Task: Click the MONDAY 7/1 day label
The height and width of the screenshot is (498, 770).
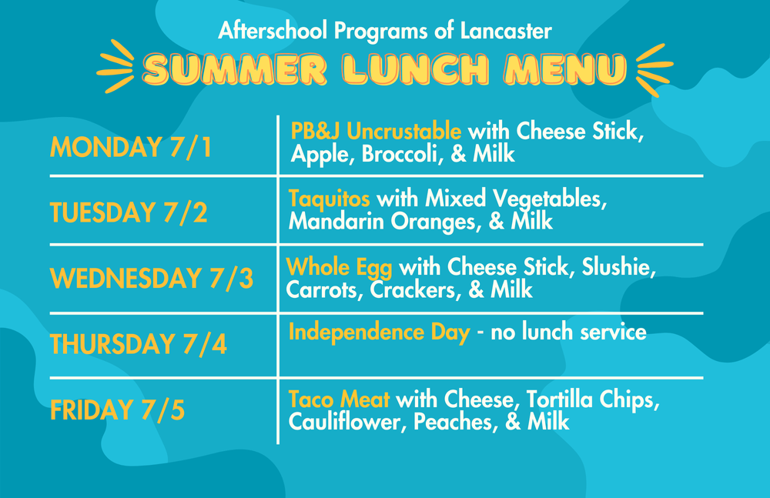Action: [131, 147]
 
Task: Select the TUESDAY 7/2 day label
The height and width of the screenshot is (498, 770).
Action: [129, 212]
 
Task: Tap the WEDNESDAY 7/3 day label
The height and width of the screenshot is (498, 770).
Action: [152, 279]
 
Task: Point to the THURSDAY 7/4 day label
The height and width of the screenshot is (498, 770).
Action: [139, 344]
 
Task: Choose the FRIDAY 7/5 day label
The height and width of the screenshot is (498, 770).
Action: [118, 409]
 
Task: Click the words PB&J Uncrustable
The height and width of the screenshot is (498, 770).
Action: [376, 130]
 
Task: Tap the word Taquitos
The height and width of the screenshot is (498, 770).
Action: [330, 199]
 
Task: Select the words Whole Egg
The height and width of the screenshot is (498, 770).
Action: [340, 268]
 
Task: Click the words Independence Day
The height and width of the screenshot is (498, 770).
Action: [379, 333]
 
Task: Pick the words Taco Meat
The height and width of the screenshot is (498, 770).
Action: [340, 399]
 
